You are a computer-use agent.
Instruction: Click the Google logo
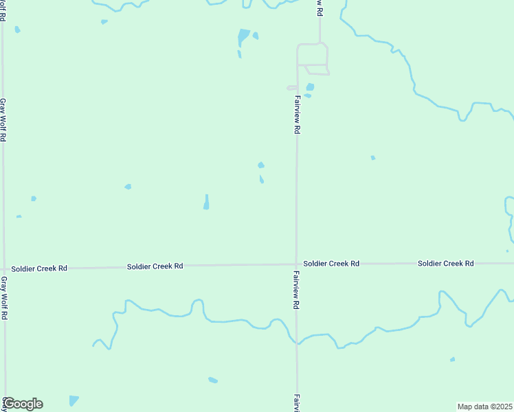23,404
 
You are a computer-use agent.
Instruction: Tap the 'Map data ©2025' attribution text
484,407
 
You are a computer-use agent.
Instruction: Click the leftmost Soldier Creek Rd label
39,268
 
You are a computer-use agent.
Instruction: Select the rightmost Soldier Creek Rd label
446,264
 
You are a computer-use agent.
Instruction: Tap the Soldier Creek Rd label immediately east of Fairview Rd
331,264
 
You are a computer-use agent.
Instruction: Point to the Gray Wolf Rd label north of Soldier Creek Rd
3,119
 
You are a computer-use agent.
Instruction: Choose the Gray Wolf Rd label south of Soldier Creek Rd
3,298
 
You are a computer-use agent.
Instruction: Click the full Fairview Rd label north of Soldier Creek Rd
297,114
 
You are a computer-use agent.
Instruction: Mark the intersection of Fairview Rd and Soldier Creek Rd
297,264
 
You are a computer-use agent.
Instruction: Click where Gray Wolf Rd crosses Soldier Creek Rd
4,268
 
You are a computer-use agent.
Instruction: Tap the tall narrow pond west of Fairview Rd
206,202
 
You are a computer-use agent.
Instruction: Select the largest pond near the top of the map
243,36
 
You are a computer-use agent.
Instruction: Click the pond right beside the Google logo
74,400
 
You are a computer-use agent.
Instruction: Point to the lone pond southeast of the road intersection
452,359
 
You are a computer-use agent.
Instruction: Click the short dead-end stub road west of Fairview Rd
291,88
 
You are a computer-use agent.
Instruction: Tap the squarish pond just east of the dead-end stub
310,87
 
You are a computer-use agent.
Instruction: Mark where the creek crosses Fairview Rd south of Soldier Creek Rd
297,341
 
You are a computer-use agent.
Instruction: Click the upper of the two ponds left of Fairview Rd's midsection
260,165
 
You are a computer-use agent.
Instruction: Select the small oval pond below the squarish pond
307,95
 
